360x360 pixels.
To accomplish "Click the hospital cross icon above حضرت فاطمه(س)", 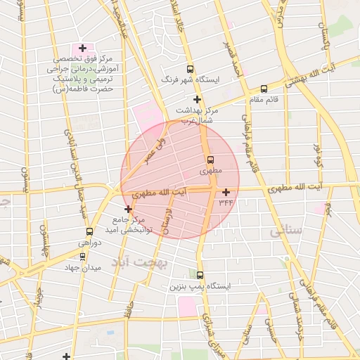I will pos(83,49).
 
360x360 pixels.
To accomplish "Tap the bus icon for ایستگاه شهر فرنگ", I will pos(190,69).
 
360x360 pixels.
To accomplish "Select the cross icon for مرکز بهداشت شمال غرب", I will pos(198,100).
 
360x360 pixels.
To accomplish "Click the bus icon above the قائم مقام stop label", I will pos(264,89).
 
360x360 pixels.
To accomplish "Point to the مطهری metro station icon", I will pos(210,160).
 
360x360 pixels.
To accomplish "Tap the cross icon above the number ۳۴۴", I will pos(226,192).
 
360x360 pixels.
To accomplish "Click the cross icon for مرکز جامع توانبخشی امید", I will pos(127,209).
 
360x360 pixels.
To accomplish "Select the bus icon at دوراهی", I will pos(89,231).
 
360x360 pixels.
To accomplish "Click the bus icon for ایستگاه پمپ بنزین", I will pos(200,276).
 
